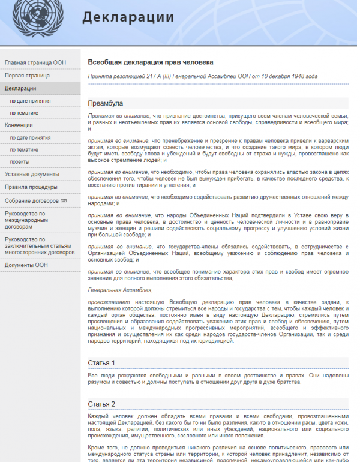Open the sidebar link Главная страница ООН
(x=35, y=62)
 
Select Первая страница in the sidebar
(x=27, y=76)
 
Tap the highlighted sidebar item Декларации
(x=20, y=88)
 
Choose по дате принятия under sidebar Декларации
(x=30, y=101)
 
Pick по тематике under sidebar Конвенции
(x=24, y=149)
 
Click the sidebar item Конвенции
(x=19, y=125)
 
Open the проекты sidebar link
(x=19, y=162)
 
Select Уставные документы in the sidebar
(x=32, y=174)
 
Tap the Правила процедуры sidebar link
(x=31, y=187)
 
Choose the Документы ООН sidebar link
(x=26, y=265)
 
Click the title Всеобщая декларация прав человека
(x=151, y=62)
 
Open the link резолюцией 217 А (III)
(x=142, y=77)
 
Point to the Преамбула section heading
(x=106, y=103)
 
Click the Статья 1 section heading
(x=101, y=363)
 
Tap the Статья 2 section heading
(x=102, y=404)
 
